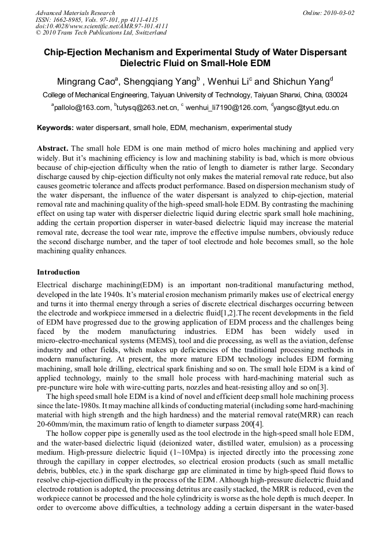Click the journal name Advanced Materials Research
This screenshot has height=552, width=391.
coord(75,13)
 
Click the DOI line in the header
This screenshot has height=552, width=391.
coord(101,26)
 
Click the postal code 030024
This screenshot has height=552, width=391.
coord(335,94)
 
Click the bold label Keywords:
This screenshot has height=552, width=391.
coord(55,128)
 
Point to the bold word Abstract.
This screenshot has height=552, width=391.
coord(53,149)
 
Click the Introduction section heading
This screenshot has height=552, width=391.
coord(58,272)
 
